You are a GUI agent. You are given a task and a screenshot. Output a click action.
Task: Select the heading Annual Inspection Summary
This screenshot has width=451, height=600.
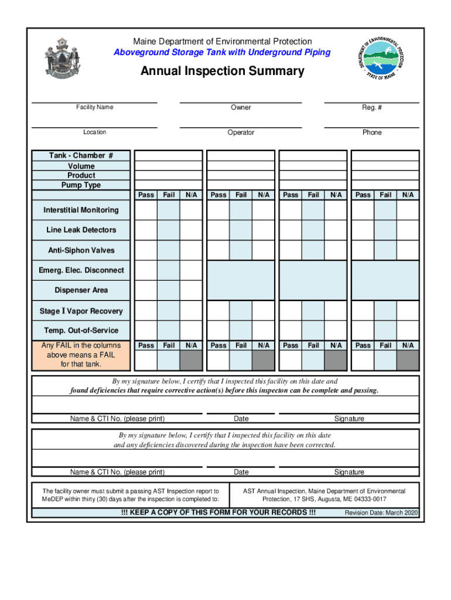pos(222,71)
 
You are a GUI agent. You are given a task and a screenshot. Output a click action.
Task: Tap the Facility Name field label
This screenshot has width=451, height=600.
pos(94,107)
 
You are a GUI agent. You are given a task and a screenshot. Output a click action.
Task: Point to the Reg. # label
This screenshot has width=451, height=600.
pos(371,107)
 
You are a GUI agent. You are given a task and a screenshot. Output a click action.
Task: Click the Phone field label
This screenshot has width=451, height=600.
pos(371,132)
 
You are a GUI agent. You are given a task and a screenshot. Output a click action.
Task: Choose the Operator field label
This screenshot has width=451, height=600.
pos(241,132)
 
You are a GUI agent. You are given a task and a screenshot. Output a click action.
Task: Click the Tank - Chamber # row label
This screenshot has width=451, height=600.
pos(81,156)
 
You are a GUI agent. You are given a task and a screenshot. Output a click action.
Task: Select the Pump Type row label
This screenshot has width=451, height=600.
pos(81,185)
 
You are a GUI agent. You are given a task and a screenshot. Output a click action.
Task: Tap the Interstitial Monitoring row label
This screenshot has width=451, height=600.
pos(81,210)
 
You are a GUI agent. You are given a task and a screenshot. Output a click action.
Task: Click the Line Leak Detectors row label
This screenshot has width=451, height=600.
pos(81,230)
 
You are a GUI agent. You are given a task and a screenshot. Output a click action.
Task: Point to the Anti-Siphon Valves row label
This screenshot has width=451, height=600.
pos(81,250)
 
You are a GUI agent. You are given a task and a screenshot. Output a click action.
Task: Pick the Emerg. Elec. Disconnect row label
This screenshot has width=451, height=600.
pos(81,270)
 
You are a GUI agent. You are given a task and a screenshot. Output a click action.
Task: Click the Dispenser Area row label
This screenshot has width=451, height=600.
pos(81,290)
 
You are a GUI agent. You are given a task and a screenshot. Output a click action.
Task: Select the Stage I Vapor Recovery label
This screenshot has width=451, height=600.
pos(81,311)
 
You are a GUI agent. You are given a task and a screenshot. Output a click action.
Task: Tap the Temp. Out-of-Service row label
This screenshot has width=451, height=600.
pos(81,330)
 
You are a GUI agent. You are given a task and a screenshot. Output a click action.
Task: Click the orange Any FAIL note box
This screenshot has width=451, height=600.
pos(81,355)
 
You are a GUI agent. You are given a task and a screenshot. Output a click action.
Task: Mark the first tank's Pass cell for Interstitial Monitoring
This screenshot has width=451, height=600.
pos(145,210)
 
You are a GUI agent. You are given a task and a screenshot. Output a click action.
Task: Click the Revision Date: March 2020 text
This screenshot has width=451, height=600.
pos(381,513)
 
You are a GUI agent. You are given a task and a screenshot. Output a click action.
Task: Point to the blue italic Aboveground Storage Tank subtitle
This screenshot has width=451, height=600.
pos(222,53)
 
